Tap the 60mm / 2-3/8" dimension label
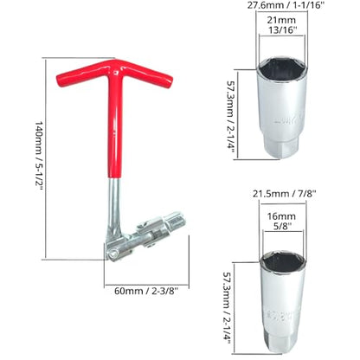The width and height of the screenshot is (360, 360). tap(146, 291)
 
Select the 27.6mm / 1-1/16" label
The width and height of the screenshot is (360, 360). tap(284, 5)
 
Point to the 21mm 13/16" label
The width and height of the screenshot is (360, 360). tap(281, 25)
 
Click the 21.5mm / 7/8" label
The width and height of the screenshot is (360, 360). tap(285, 194)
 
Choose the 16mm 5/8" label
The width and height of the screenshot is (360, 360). tap(281, 221)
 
